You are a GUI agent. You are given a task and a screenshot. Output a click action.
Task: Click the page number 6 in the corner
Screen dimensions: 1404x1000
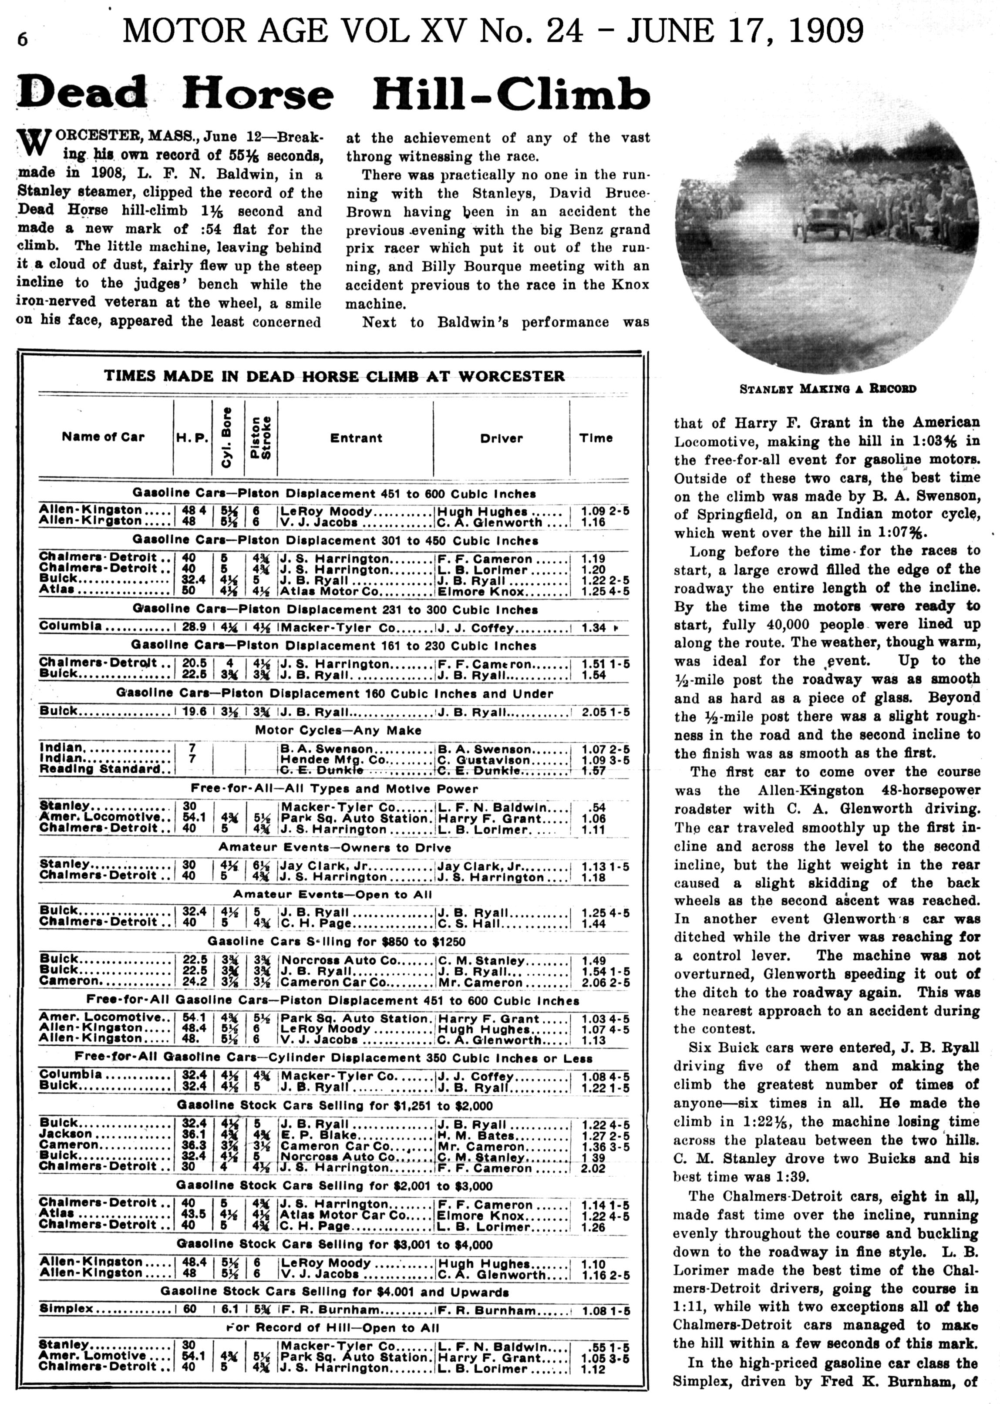click(x=22, y=39)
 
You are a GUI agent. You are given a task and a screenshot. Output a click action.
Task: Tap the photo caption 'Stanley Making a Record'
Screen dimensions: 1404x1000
click(x=827, y=389)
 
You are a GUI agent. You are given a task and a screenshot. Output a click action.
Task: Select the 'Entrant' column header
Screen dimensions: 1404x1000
click(x=356, y=438)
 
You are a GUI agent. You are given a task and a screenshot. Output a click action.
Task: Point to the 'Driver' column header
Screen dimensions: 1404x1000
click(x=501, y=438)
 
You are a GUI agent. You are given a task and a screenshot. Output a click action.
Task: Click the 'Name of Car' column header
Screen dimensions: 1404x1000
click(x=103, y=437)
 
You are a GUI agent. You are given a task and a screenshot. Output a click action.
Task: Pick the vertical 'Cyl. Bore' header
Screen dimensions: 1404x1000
click(x=227, y=437)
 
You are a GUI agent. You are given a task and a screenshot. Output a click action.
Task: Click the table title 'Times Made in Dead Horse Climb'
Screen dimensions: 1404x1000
click(x=334, y=376)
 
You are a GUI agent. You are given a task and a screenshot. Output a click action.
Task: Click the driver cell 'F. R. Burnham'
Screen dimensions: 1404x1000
click(x=486, y=1310)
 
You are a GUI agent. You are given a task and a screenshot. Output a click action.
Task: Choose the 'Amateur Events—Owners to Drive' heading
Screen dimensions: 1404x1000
click(x=335, y=847)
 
